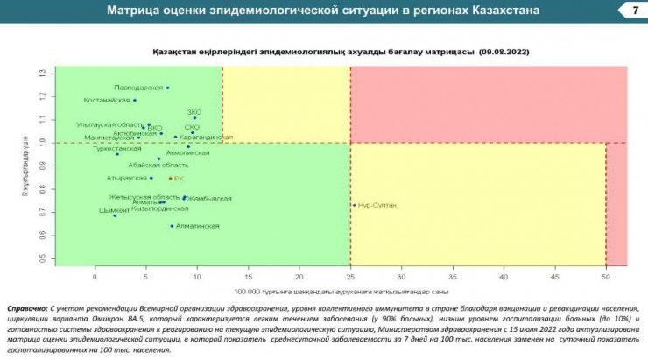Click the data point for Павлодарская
(x=167, y=88)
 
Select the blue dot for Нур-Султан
(x=354, y=205)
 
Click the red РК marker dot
(x=170, y=179)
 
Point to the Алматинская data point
(x=172, y=226)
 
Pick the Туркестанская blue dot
(x=117, y=154)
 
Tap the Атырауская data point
(x=151, y=178)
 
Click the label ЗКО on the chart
(x=194, y=113)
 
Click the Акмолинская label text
(x=187, y=152)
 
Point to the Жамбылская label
(x=210, y=199)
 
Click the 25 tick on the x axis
(x=350, y=276)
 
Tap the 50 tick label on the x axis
(x=606, y=276)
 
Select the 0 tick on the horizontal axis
(x=95, y=276)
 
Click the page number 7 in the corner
(x=633, y=11)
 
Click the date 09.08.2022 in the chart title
(x=504, y=52)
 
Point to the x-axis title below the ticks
(x=342, y=290)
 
